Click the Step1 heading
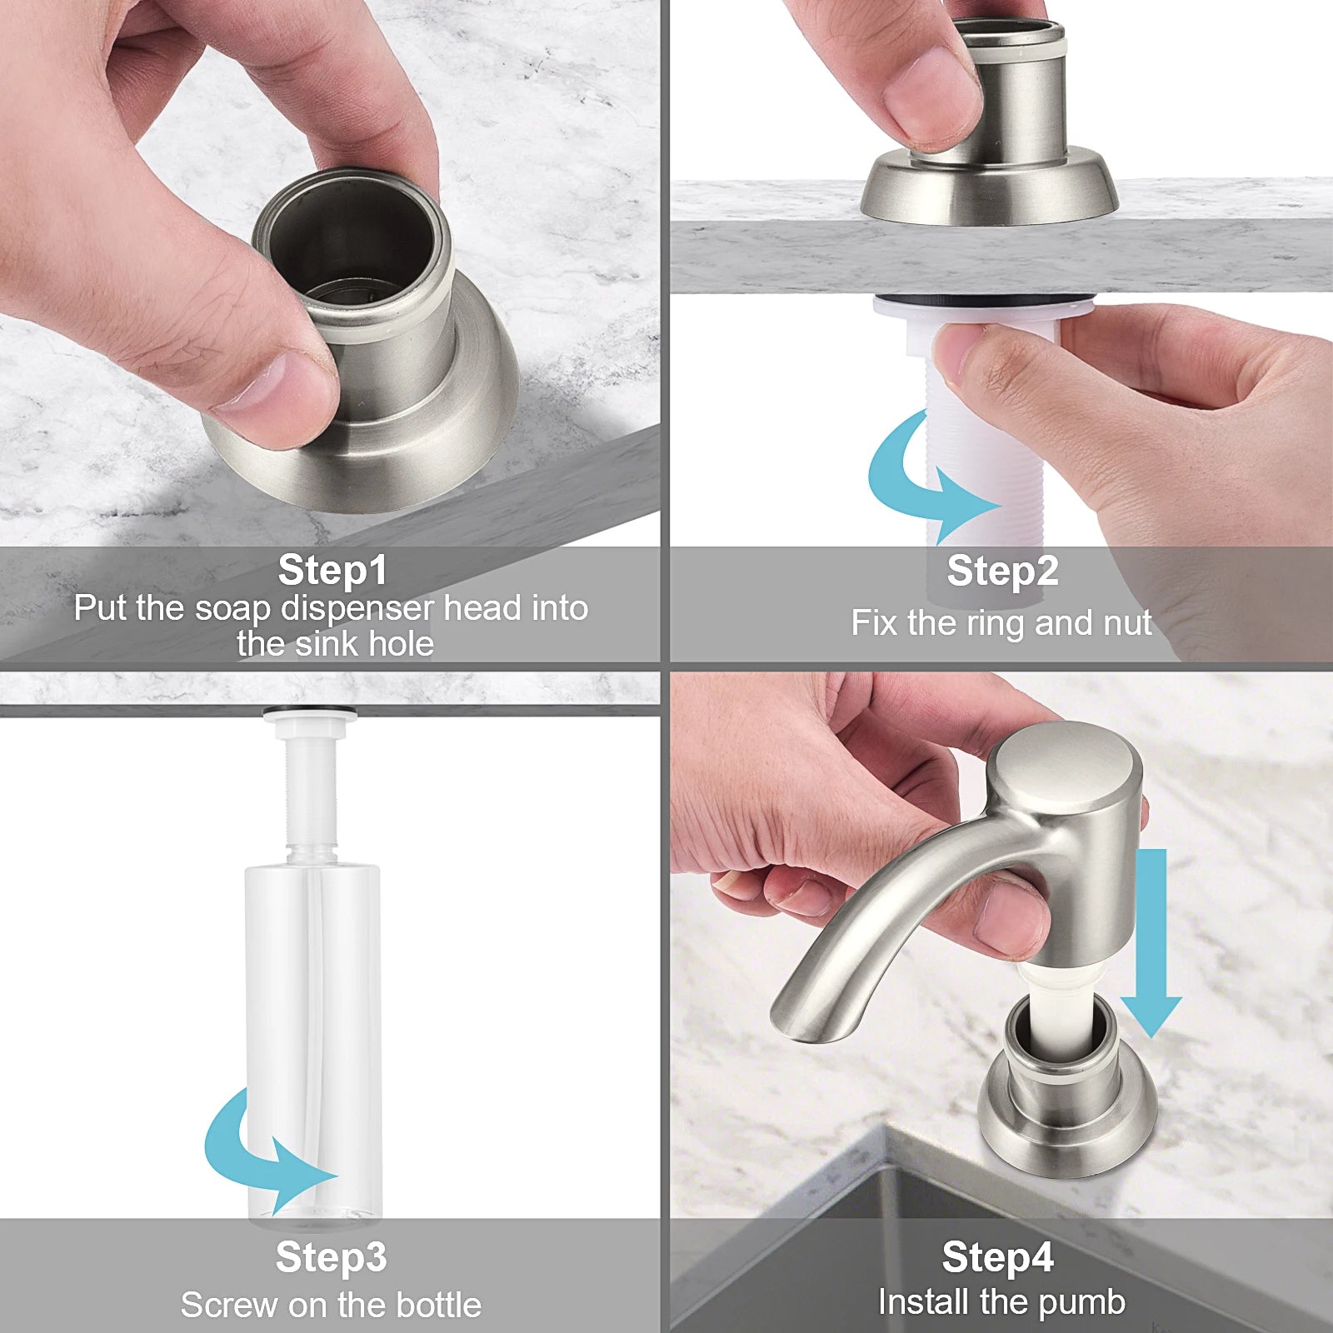pos(332,571)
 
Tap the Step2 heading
pos(1002,572)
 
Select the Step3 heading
pos(331,1256)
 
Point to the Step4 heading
pos(997,1256)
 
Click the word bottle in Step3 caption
pos(438,1305)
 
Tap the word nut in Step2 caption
pos(1125,623)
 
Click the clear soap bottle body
pos(312,1000)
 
